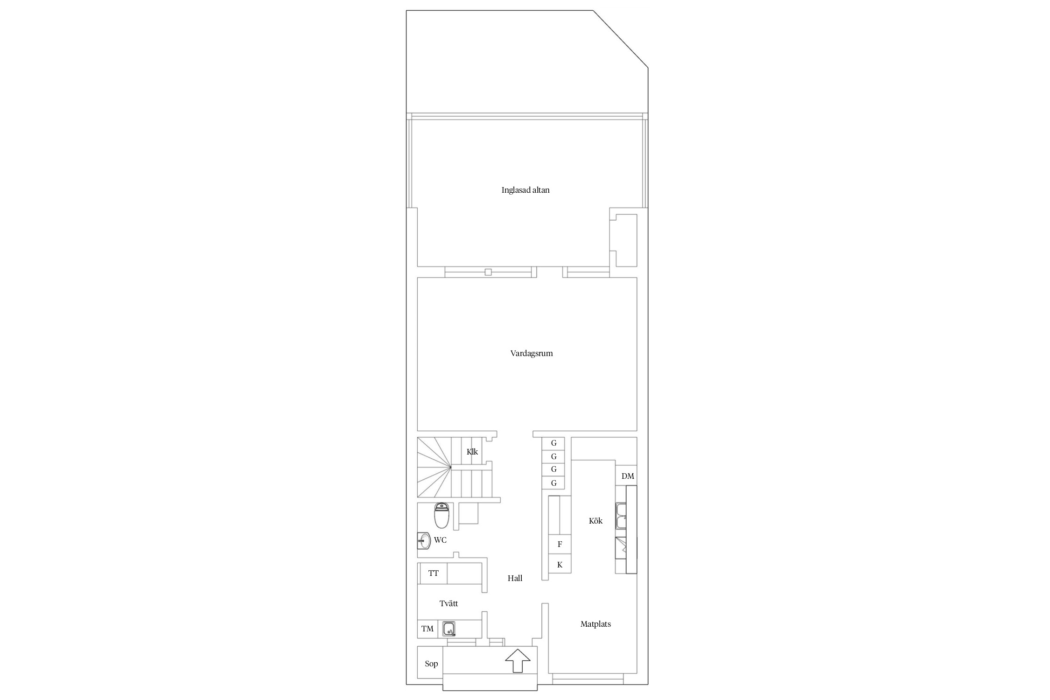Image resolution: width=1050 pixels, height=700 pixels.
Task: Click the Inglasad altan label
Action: tap(525, 190)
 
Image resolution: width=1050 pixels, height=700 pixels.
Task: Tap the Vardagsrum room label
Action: tap(532, 353)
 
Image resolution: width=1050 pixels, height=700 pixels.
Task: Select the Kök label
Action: tap(595, 521)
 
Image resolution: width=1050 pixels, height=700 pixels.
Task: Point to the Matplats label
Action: tap(595, 624)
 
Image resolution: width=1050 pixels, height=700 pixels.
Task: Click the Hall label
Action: tap(515, 578)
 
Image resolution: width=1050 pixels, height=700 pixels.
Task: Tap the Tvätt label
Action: tap(448, 603)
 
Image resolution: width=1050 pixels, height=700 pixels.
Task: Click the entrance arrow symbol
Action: tap(518, 661)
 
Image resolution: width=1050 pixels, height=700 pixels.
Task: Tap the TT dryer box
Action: tap(434, 574)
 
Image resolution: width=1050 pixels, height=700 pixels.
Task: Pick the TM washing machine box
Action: tap(427, 629)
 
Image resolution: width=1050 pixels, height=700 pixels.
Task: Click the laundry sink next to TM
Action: tap(449, 629)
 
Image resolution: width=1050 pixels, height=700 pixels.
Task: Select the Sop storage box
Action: tap(430, 664)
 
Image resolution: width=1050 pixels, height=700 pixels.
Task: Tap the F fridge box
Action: tap(560, 544)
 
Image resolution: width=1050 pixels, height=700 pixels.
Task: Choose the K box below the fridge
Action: tap(560, 565)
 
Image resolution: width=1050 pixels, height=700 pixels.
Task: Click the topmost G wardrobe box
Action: tap(553, 443)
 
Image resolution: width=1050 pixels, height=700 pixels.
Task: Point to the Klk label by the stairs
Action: tap(472, 452)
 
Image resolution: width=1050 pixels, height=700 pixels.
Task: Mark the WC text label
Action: tap(440, 540)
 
